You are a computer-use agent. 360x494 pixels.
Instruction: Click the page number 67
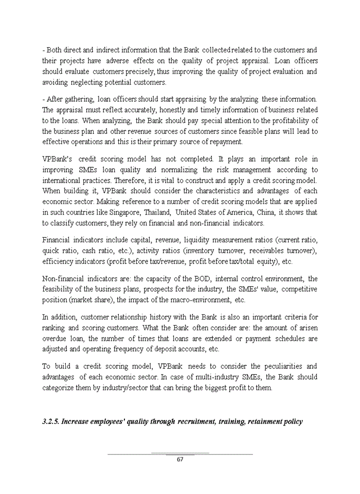(x=179, y=460)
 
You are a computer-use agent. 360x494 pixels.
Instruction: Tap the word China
(x=278, y=213)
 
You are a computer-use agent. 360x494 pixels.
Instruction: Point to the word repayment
(x=226, y=142)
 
